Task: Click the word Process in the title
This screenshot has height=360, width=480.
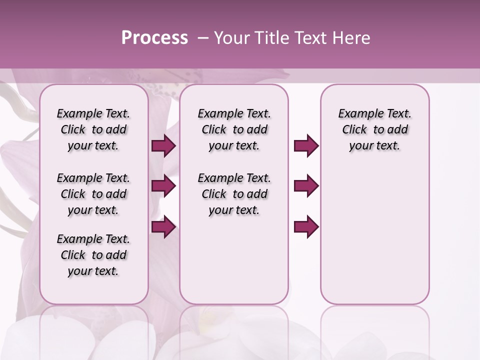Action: [x=154, y=38]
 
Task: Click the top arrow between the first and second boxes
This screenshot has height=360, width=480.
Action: [x=163, y=146]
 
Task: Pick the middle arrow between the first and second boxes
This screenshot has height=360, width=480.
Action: [x=163, y=186]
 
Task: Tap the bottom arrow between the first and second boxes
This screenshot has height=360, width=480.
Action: [x=163, y=227]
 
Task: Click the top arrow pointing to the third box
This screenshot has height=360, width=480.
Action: [x=306, y=146]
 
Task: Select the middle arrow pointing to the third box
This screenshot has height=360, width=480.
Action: [x=306, y=186]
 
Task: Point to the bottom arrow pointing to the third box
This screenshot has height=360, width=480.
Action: [x=306, y=227]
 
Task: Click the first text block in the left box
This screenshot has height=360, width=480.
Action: [x=93, y=129]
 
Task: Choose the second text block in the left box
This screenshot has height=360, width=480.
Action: [x=93, y=194]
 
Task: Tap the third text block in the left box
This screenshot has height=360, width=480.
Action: [x=93, y=255]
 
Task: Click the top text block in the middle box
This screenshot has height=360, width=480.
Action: [x=234, y=129]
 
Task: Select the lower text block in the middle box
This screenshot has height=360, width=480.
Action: [x=234, y=194]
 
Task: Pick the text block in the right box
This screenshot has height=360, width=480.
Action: [x=374, y=129]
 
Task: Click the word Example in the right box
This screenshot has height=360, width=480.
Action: [x=357, y=113]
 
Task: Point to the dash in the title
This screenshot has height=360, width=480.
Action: [x=203, y=38]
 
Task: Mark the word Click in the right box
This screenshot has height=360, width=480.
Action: [x=354, y=129]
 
